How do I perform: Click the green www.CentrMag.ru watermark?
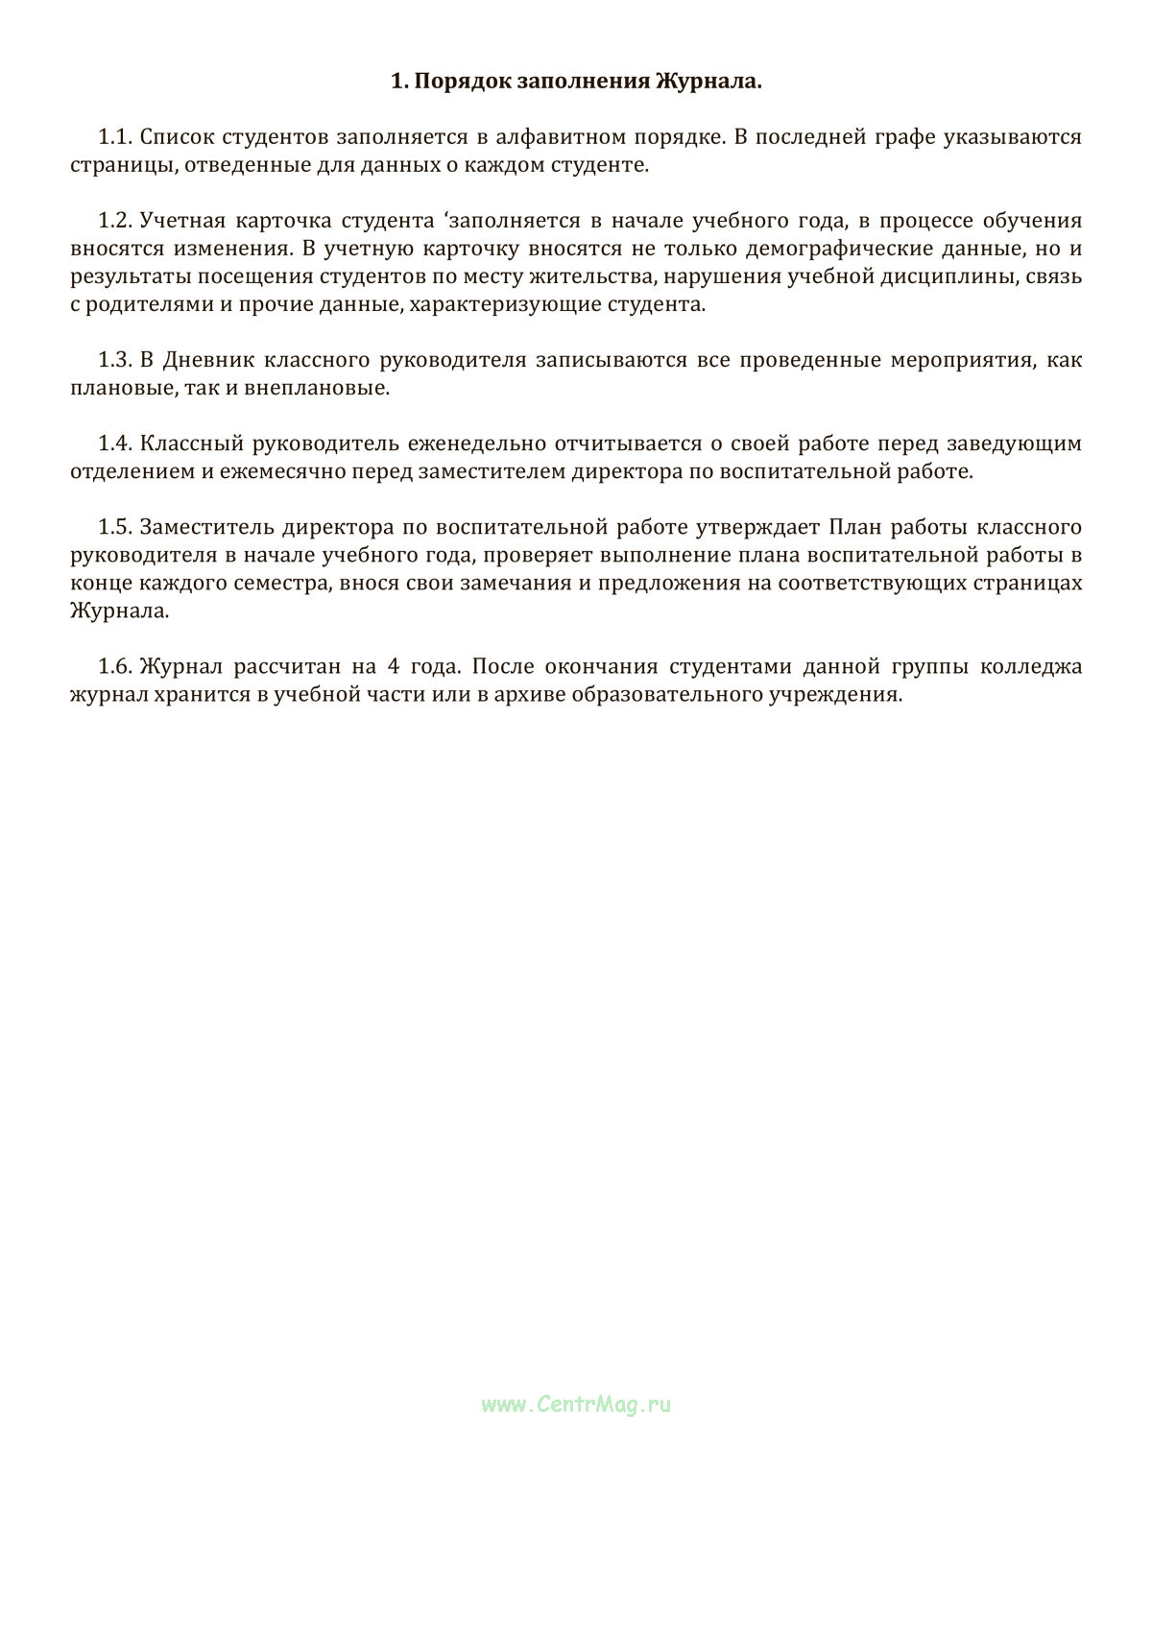tap(576, 1404)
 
